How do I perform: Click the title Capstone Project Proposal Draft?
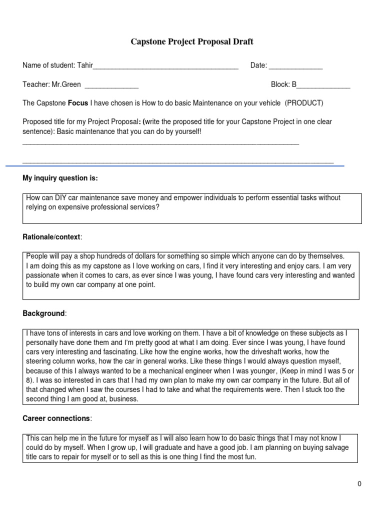(192, 41)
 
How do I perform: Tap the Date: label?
(258, 65)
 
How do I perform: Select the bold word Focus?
(77, 103)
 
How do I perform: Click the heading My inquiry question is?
(60, 178)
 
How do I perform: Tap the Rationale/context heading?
(52, 236)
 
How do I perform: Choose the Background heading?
(44, 313)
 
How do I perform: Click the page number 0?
(359, 483)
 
